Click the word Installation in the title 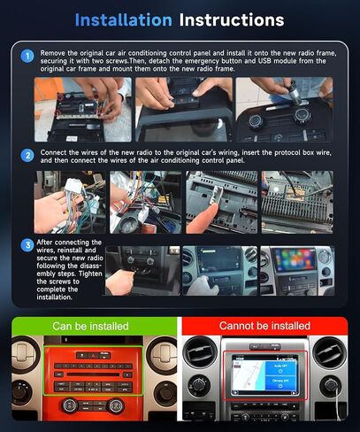click(124, 19)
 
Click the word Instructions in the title click(231, 19)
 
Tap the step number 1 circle click(28, 54)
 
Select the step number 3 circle click(28, 244)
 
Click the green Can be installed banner click(90, 327)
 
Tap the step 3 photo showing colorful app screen click(296, 270)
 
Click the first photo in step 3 click(142, 270)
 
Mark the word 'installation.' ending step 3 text click(58, 298)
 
